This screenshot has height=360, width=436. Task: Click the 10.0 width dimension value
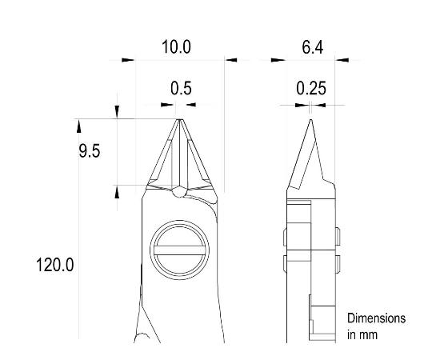(x=176, y=47)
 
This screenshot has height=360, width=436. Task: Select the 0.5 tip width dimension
(x=182, y=89)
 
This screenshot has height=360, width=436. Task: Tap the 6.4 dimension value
(x=311, y=47)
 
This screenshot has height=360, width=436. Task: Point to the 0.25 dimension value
(x=310, y=89)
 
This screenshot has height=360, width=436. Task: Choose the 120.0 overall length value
(x=55, y=265)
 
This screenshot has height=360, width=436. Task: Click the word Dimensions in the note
(x=375, y=318)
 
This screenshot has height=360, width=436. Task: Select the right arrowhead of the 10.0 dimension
(x=231, y=59)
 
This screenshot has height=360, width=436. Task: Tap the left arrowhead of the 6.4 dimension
(x=278, y=59)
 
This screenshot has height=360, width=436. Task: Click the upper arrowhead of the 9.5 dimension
(x=118, y=113)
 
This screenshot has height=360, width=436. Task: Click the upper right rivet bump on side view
(x=335, y=236)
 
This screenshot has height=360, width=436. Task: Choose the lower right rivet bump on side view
(x=335, y=264)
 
